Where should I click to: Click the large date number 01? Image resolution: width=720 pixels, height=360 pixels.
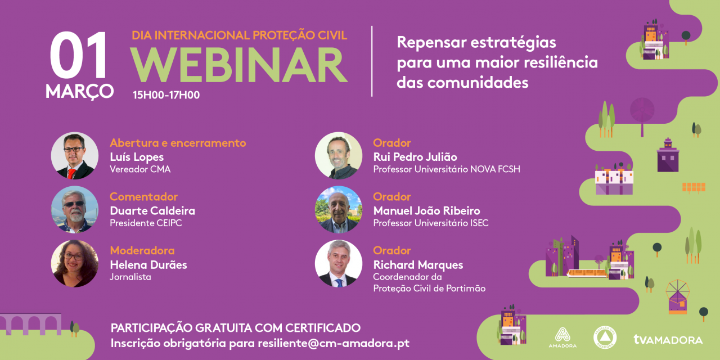pos(79,57)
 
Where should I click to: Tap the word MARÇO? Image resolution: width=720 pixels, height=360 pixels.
pos(80,91)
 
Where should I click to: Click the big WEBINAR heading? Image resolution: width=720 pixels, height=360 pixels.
pos(239,65)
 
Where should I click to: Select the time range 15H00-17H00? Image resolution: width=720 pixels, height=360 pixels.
pos(166,95)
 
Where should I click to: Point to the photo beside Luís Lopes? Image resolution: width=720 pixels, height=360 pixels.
pos(75,156)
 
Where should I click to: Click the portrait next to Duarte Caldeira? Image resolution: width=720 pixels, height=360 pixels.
pos(75,210)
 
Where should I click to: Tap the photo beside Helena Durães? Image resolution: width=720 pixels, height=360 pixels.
pos(75,264)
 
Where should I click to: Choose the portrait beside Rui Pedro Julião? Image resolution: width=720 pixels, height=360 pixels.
pos(339,156)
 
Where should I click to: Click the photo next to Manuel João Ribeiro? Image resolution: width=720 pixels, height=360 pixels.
pos(339,210)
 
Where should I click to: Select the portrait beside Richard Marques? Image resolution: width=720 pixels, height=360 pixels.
pos(339,264)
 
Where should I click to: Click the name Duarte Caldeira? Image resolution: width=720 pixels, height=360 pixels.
pos(152,211)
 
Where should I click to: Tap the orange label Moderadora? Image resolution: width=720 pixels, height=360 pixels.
pos(142,250)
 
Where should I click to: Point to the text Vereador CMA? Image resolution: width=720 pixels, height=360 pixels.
pos(140,169)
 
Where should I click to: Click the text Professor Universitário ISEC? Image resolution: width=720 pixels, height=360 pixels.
pos(431,223)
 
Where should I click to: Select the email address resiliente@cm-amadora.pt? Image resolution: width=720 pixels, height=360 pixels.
pos(334,343)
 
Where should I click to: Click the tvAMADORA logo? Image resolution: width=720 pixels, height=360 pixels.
pos(668,339)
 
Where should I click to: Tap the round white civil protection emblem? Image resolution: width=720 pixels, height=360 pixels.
pos(605,337)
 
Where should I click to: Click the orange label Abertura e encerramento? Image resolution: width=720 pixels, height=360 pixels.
pos(178,143)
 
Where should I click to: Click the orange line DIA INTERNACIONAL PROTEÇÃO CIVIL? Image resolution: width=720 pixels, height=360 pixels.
pos(240,35)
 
